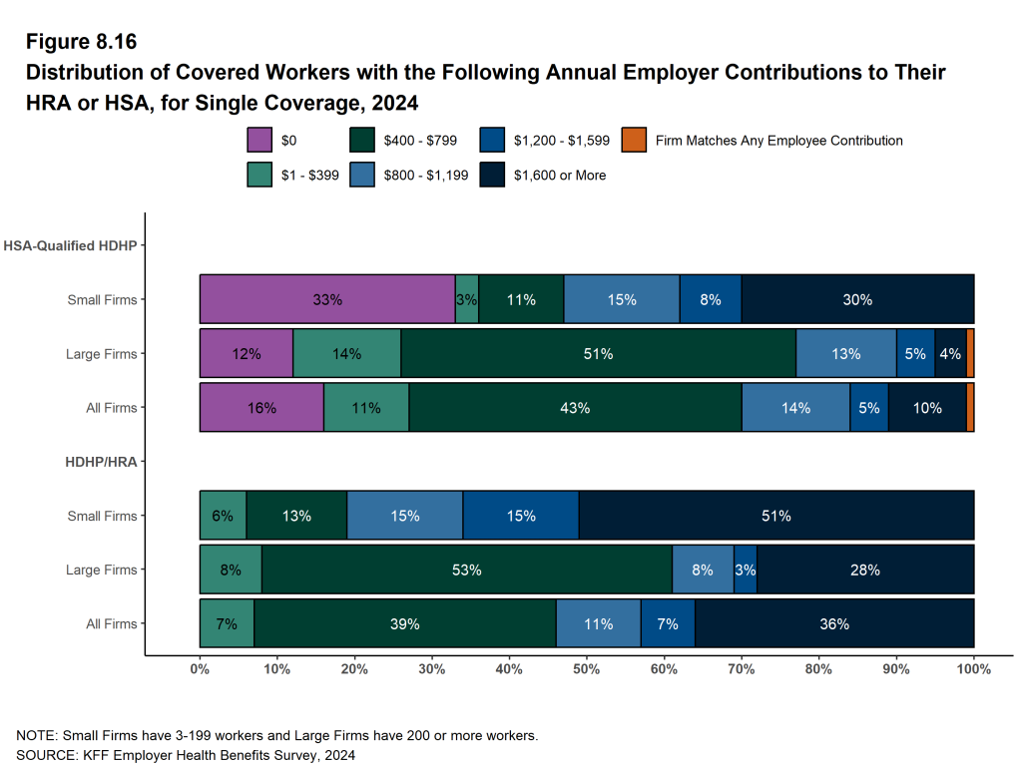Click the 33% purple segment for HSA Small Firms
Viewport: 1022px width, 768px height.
(x=327, y=299)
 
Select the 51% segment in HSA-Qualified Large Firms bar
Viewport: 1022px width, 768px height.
(x=598, y=353)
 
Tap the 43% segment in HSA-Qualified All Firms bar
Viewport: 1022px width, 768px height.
(x=575, y=407)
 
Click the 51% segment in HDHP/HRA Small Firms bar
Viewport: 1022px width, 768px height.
(x=775, y=516)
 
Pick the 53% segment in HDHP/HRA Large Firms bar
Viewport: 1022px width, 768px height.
(x=466, y=570)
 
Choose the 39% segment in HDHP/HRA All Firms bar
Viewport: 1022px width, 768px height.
(x=404, y=623)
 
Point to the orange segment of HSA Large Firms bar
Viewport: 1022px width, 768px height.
(x=970, y=353)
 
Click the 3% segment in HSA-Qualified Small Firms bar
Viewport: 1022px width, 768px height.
(x=466, y=299)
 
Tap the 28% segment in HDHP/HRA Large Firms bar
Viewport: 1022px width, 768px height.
(x=864, y=570)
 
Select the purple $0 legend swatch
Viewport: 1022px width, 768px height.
(x=258, y=141)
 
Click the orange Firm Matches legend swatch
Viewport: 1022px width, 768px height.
(x=633, y=141)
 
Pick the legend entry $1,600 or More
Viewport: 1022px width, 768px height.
(x=559, y=175)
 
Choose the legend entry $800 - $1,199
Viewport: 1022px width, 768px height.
(x=426, y=175)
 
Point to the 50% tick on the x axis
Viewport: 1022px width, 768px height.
(x=587, y=669)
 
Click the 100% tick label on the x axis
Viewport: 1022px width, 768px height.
(x=973, y=669)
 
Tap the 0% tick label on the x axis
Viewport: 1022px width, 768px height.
(x=200, y=669)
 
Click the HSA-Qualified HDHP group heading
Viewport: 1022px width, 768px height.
(x=70, y=245)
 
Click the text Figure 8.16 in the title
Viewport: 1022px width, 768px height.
(x=80, y=42)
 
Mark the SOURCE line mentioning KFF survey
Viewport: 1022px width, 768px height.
(x=186, y=755)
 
